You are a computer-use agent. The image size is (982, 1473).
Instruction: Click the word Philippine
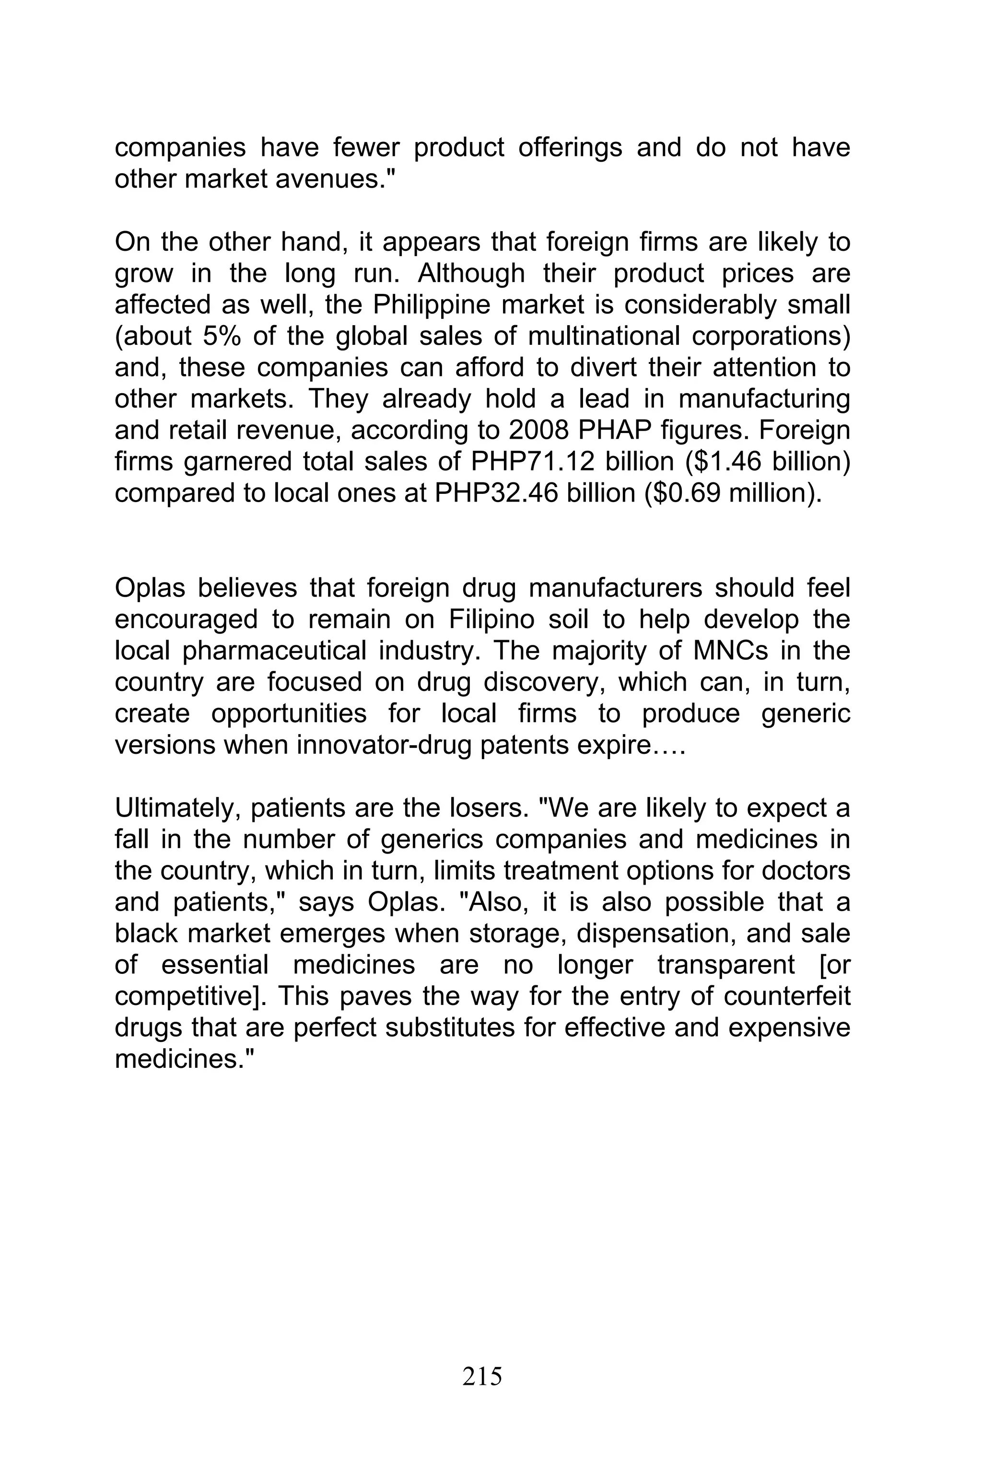433,305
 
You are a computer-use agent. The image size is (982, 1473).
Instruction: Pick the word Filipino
491,620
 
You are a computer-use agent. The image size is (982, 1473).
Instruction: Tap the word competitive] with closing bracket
191,997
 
